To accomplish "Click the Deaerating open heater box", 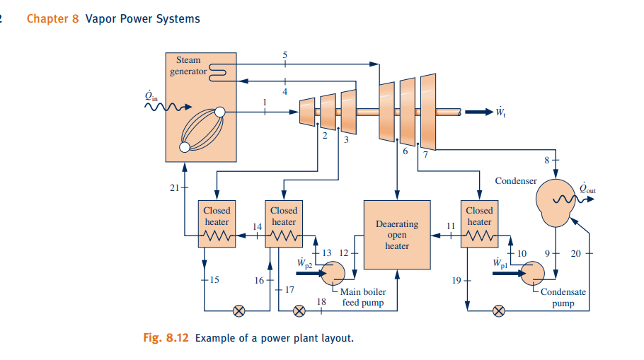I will pyautogui.click(x=396, y=235).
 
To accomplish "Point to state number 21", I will pyautogui.click(x=175, y=187).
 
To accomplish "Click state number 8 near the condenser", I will pyautogui.click(x=546, y=160).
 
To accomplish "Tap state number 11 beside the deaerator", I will pyautogui.click(x=450, y=226).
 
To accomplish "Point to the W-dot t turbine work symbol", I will pyautogui.click(x=500, y=112).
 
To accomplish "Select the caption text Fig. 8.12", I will pyautogui.click(x=166, y=337).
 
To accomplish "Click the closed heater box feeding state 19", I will pyautogui.click(x=479, y=225).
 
